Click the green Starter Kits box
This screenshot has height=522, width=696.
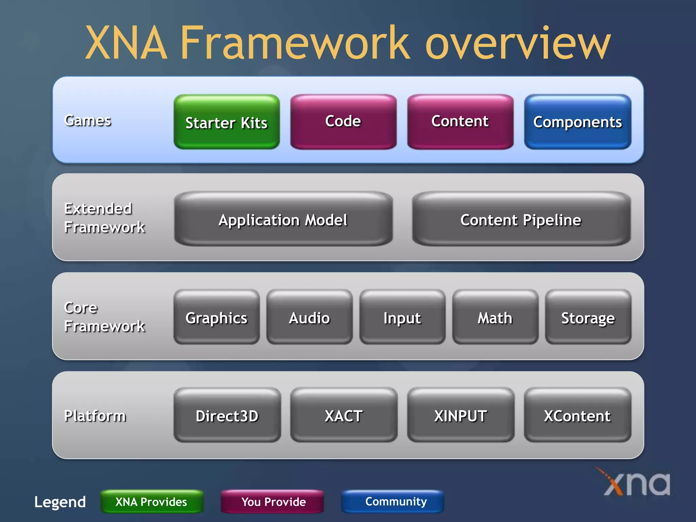click(227, 122)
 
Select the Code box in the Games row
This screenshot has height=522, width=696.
click(343, 122)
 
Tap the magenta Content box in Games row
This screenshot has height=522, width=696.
click(460, 122)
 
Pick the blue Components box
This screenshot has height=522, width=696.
click(577, 122)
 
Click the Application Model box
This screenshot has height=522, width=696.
click(283, 219)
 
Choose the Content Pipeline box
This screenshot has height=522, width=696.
click(521, 219)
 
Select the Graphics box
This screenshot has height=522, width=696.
click(216, 317)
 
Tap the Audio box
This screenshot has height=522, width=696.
click(309, 317)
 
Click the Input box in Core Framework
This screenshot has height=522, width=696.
click(402, 317)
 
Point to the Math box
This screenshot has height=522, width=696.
click(495, 317)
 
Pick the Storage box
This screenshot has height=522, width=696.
click(588, 317)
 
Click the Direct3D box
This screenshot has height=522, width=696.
click(227, 415)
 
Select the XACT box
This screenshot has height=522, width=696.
click(344, 415)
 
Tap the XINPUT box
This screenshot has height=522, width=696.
click(460, 415)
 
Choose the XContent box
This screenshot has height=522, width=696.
click(577, 415)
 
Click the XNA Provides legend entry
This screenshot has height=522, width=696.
click(152, 502)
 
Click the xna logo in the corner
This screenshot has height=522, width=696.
click(636, 483)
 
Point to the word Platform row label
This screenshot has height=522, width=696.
click(95, 416)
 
